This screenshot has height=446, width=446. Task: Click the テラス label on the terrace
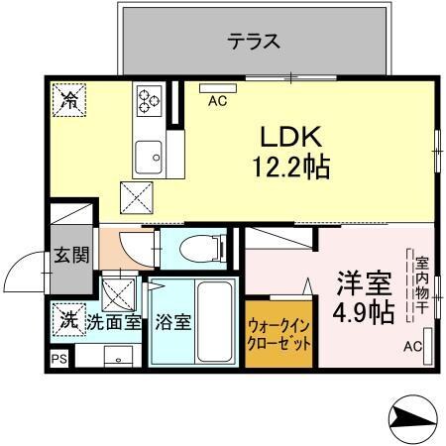pyautogui.click(x=254, y=42)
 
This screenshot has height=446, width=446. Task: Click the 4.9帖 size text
pyautogui.click(x=362, y=313)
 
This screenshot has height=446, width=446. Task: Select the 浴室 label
pyautogui.click(x=173, y=321)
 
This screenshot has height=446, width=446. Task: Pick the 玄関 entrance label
pyautogui.click(x=71, y=254)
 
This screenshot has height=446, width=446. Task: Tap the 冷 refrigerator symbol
pyautogui.click(x=68, y=99)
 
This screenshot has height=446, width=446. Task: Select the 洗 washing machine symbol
pyautogui.click(x=68, y=318)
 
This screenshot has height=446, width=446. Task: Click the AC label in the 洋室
pyautogui.click(x=413, y=347)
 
